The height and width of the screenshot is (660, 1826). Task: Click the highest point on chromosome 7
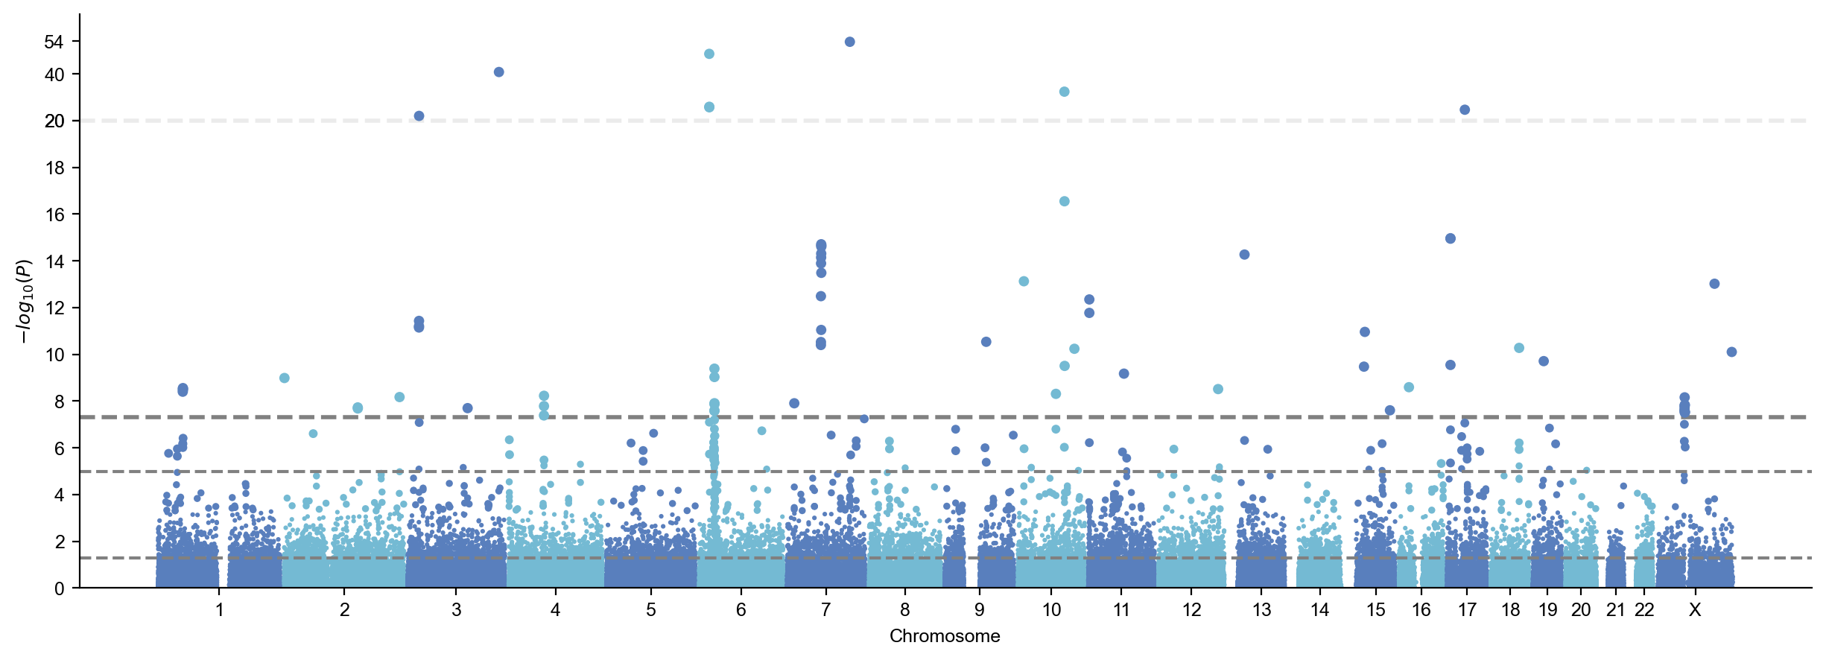[x=849, y=42]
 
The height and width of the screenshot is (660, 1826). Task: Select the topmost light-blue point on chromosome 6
[x=709, y=54]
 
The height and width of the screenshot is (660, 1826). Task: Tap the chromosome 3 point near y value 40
[x=499, y=72]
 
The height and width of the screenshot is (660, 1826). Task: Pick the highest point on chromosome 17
[x=1465, y=110]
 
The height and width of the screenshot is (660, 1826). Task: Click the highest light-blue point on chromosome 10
[x=1065, y=92]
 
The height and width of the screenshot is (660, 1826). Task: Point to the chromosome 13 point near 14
[x=1244, y=255]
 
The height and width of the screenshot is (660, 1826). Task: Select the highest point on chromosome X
[x=1714, y=284]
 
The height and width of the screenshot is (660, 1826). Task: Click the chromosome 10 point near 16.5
[x=1065, y=201]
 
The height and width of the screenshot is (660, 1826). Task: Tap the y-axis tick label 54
[x=54, y=42]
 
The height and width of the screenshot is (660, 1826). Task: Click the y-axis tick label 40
[x=54, y=74]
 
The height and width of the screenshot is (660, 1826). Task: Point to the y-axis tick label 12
[x=55, y=308]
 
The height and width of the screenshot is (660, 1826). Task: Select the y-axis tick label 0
[x=60, y=588]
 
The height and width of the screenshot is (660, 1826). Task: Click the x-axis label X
[x=1695, y=610]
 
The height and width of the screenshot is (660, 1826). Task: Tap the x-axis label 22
[x=1644, y=610]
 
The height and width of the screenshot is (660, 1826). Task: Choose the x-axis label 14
[x=1319, y=610]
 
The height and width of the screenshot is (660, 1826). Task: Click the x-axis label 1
[x=220, y=610]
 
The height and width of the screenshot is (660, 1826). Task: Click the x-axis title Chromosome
[x=945, y=636]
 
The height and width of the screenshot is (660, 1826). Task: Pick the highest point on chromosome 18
[x=1519, y=348]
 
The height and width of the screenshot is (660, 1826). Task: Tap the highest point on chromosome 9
[x=986, y=342]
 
